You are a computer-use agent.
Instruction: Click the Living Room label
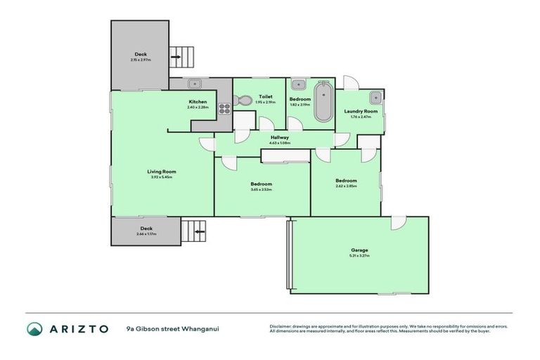tap(161, 172)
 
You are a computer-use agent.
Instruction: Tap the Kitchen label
tap(198, 102)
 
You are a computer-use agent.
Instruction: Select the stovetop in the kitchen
tap(226, 108)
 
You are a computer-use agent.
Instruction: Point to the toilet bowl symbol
tap(244, 101)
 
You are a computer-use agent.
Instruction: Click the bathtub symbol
tap(323, 103)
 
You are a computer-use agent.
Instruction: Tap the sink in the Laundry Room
tap(375, 98)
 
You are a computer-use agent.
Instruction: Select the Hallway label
tap(279, 138)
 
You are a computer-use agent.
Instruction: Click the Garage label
tap(359, 250)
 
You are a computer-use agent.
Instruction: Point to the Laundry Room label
tap(360, 111)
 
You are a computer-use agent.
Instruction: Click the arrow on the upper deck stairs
tap(176, 57)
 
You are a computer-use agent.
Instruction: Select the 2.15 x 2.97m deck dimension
tap(141, 60)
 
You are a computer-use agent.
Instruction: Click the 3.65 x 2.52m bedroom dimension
tap(261, 189)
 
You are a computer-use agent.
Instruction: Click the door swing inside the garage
tap(399, 223)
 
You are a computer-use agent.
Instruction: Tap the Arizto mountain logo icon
tap(34, 328)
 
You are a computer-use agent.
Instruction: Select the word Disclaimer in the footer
tap(282, 326)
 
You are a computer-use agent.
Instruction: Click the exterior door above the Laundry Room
tap(352, 83)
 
